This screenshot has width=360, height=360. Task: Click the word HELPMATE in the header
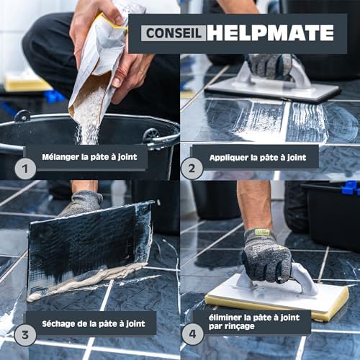click(x=267, y=33)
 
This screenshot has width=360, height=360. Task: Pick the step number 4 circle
click(x=191, y=333)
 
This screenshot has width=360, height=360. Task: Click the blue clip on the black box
click(x=350, y=189)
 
